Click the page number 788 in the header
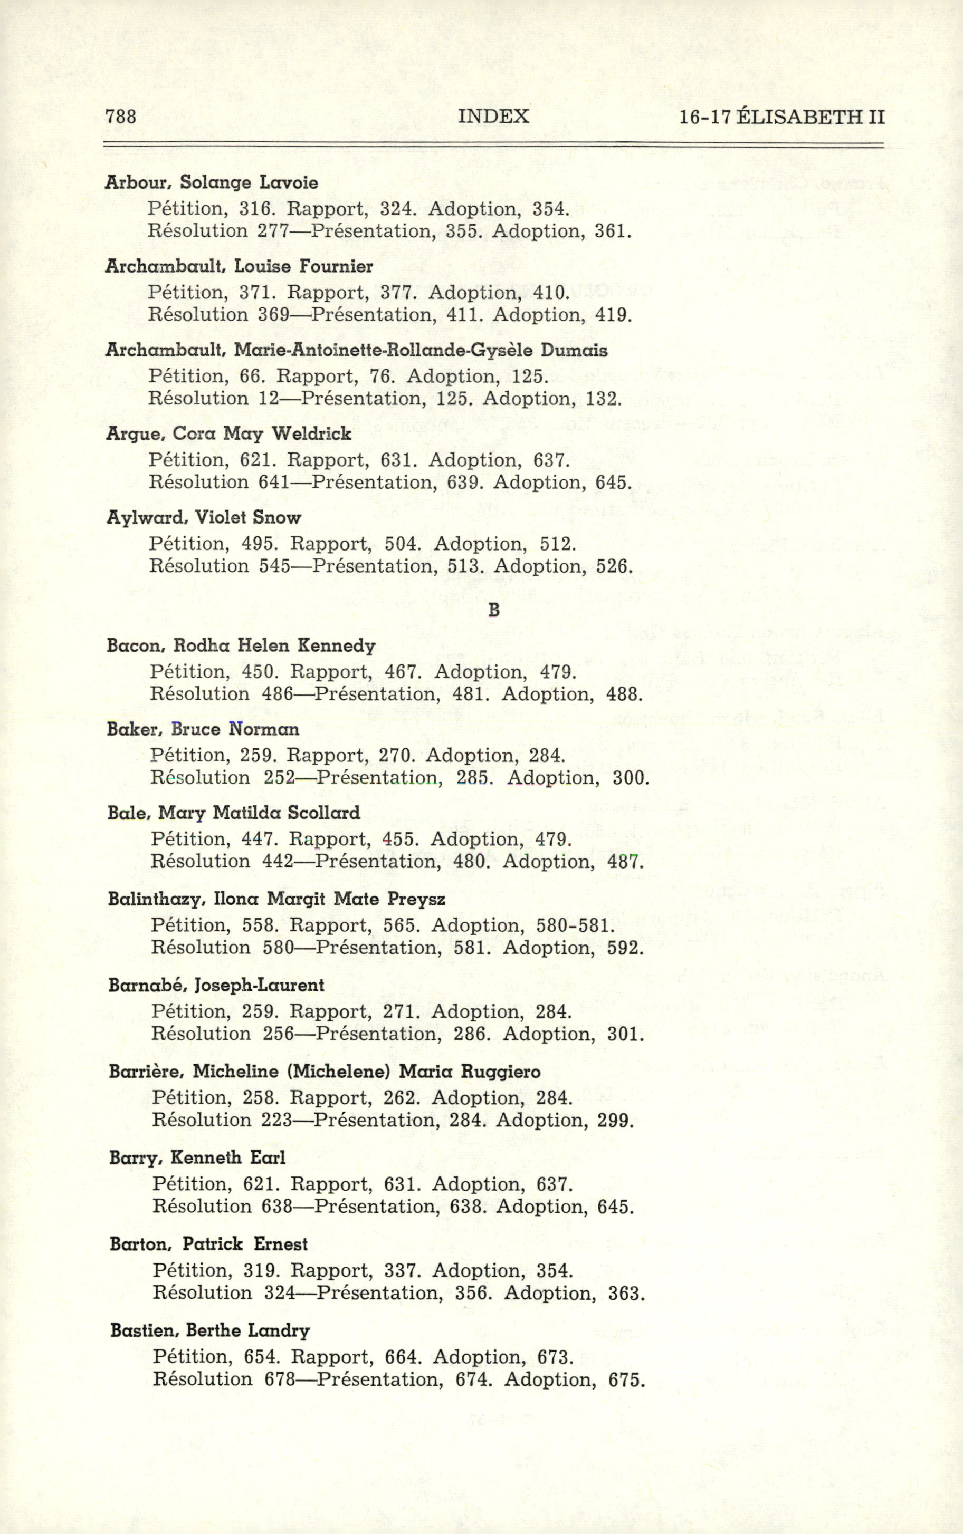click(x=120, y=117)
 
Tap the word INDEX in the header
click(x=493, y=117)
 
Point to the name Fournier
click(x=336, y=266)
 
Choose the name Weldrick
click(x=311, y=434)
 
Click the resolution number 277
click(x=274, y=230)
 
